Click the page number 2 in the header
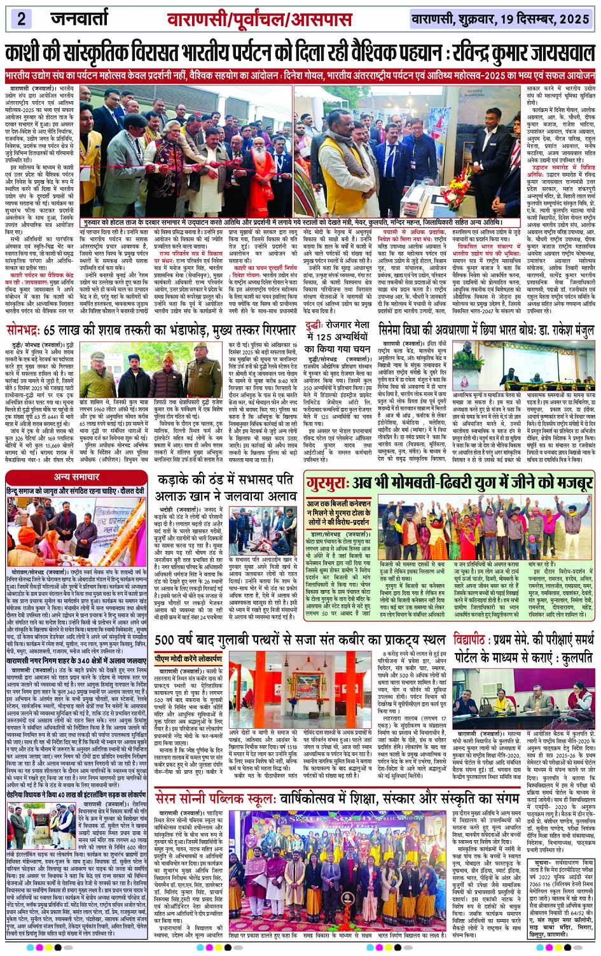[22, 18]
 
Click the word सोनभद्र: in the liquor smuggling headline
[25, 331]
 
